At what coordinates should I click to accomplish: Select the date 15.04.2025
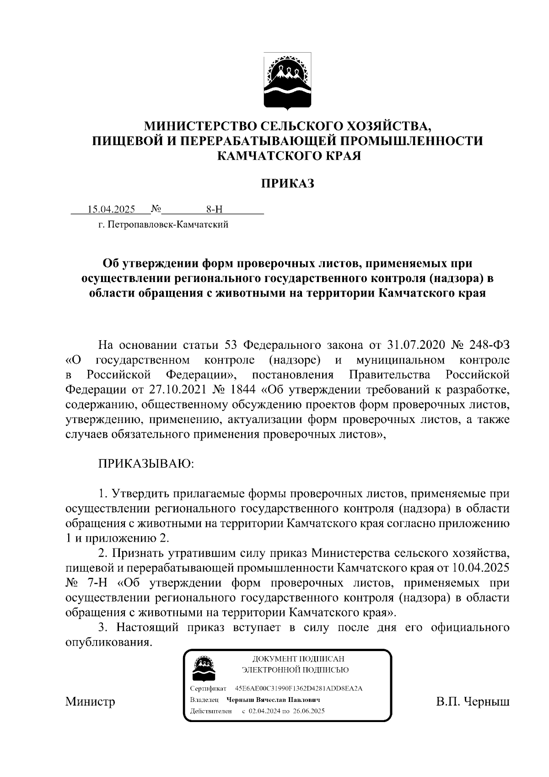pos(112,210)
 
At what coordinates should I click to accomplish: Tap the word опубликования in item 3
pos(108,643)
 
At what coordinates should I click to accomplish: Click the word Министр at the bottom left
pos(90,701)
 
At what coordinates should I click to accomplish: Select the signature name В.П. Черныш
pos(473,701)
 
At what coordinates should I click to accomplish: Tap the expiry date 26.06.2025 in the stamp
pos(308,711)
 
